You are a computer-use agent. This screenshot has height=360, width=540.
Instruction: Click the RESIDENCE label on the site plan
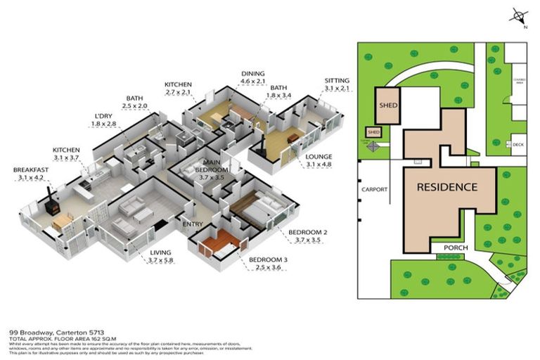(x=447, y=187)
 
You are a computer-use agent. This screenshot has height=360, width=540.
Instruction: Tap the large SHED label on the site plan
(x=389, y=105)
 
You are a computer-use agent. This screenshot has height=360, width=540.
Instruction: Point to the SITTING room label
(x=336, y=80)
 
